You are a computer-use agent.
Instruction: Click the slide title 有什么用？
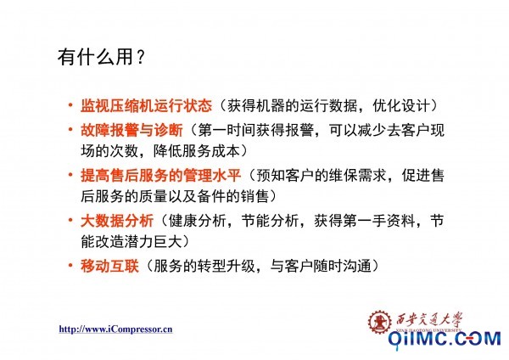point(101,57)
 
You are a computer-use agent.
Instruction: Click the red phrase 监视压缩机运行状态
point(147,105)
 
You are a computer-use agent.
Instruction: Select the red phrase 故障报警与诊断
point(131,130)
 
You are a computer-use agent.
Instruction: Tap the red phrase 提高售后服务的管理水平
point(160,176)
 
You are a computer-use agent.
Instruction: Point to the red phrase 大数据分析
point(117,221)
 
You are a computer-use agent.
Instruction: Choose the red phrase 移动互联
point(109,266)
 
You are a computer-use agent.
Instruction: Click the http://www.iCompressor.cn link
point(115,329)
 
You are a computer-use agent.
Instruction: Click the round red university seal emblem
point(379,322)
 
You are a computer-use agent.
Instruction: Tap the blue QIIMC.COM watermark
point(445,339)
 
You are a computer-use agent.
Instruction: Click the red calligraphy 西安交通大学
point(428,320)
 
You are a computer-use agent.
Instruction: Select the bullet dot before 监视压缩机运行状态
point(70,105)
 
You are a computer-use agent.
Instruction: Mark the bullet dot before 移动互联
point(70,266)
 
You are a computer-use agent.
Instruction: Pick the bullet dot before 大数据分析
point(70,220)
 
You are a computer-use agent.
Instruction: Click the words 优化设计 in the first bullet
point(401,105)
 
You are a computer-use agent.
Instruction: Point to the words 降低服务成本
point(197,151)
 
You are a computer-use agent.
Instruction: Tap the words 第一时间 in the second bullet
point(227,130)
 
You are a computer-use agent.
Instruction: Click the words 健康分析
point(198,221)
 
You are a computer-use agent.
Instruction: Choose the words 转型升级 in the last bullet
point(227,266)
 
